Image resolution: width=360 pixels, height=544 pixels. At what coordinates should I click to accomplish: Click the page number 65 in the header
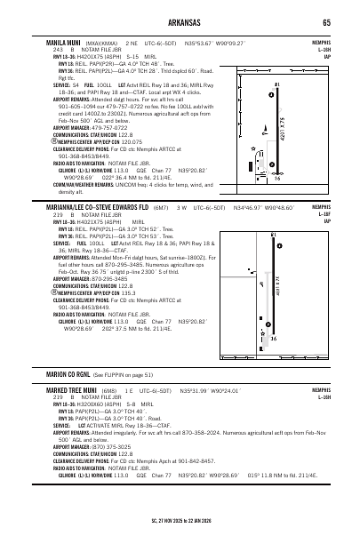pyautogui.click(x=328, y=22)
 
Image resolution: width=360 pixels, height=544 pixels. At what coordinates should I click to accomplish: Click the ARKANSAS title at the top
pyautogui.click(x=180, y=22)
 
